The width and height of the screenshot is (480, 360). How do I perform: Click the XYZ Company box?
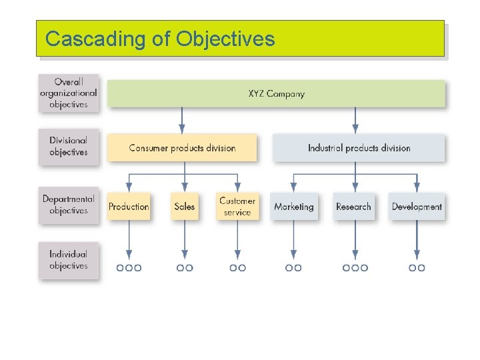point(276,93)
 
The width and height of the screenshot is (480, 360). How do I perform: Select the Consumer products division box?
point(182,148)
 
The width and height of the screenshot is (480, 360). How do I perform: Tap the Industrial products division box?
point(359,148)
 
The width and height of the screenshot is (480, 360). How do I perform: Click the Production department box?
point(129,207)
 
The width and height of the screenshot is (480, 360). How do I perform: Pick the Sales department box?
point(185,207)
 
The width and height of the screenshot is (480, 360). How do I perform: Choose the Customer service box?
point(237,206)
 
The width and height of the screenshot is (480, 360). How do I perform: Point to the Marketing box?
point(294,207)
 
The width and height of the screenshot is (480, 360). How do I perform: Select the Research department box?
point(353,207)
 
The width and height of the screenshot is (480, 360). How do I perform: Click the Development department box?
point(417,207)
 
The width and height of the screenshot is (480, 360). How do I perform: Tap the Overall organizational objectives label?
point(69,93)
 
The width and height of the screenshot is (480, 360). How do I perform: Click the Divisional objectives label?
point(69,147)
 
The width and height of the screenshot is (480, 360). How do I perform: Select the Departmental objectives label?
point(69,205)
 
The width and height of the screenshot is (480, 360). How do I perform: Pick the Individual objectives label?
point(69,260)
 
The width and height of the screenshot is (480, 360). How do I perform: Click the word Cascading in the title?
point(96,39)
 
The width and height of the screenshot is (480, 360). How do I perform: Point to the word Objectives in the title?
point(225,39)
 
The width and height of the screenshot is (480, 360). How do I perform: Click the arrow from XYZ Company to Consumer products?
point(182,120)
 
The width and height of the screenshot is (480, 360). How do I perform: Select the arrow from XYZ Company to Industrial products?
point(355,120)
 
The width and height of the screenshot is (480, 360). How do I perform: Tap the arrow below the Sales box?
point(185,240)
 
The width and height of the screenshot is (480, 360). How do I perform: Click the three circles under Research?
point(355,267)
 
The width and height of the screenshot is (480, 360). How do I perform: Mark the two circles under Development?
point(417,267)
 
